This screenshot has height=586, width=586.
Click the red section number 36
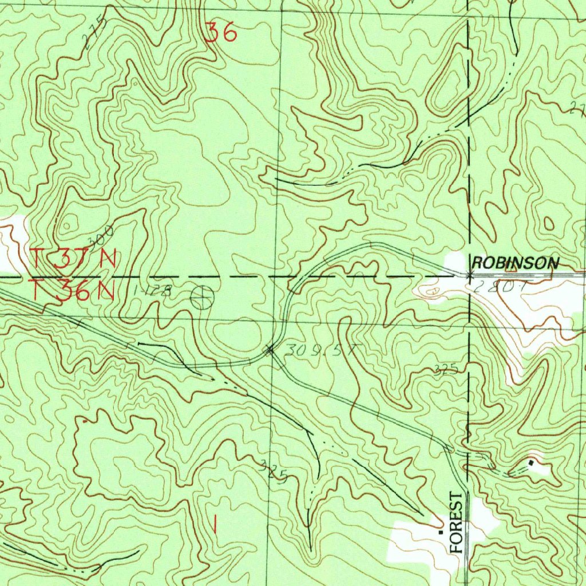(x=221, y=33)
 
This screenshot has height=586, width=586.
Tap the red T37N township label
(x=73, y=259)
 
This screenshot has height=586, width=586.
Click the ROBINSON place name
(x=514, y=263)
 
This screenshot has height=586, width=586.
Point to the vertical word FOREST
(x=456, y=521)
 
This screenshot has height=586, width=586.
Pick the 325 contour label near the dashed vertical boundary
(x=446, y=370)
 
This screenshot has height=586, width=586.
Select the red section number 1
(x=215, y=524)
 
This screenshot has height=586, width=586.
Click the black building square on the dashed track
(x=532, y=462)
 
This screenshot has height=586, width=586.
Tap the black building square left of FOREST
(x=441, y=532)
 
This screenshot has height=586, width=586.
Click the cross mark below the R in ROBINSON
(x=469, y=276)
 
